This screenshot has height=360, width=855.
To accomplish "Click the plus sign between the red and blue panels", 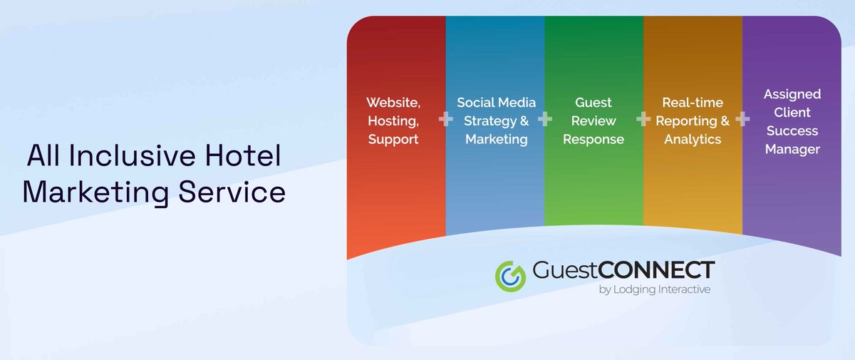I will pos(446,119).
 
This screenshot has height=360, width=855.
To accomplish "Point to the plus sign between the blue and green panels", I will pos(545,119).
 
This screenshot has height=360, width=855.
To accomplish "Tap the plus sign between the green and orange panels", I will pos(643,119).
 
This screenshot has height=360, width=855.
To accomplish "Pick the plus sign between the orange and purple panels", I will pos(742,119).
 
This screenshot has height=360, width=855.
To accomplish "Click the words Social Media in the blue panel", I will pos(496,102).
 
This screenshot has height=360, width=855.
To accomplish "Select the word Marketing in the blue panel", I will pos(496,140).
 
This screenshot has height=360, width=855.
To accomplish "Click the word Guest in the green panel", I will pos(594,102).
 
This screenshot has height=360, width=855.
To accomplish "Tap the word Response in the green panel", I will pos(594,140).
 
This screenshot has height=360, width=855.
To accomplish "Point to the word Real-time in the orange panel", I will pos(693,102).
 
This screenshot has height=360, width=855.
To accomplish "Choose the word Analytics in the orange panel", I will pos(693,140).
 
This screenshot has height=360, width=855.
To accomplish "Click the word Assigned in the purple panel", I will pos(792,94).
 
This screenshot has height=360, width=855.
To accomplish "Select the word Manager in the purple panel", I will pos(792,150).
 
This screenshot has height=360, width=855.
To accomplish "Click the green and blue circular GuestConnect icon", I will pos(510,276).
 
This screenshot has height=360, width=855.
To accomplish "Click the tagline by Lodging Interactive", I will pos(654,290).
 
